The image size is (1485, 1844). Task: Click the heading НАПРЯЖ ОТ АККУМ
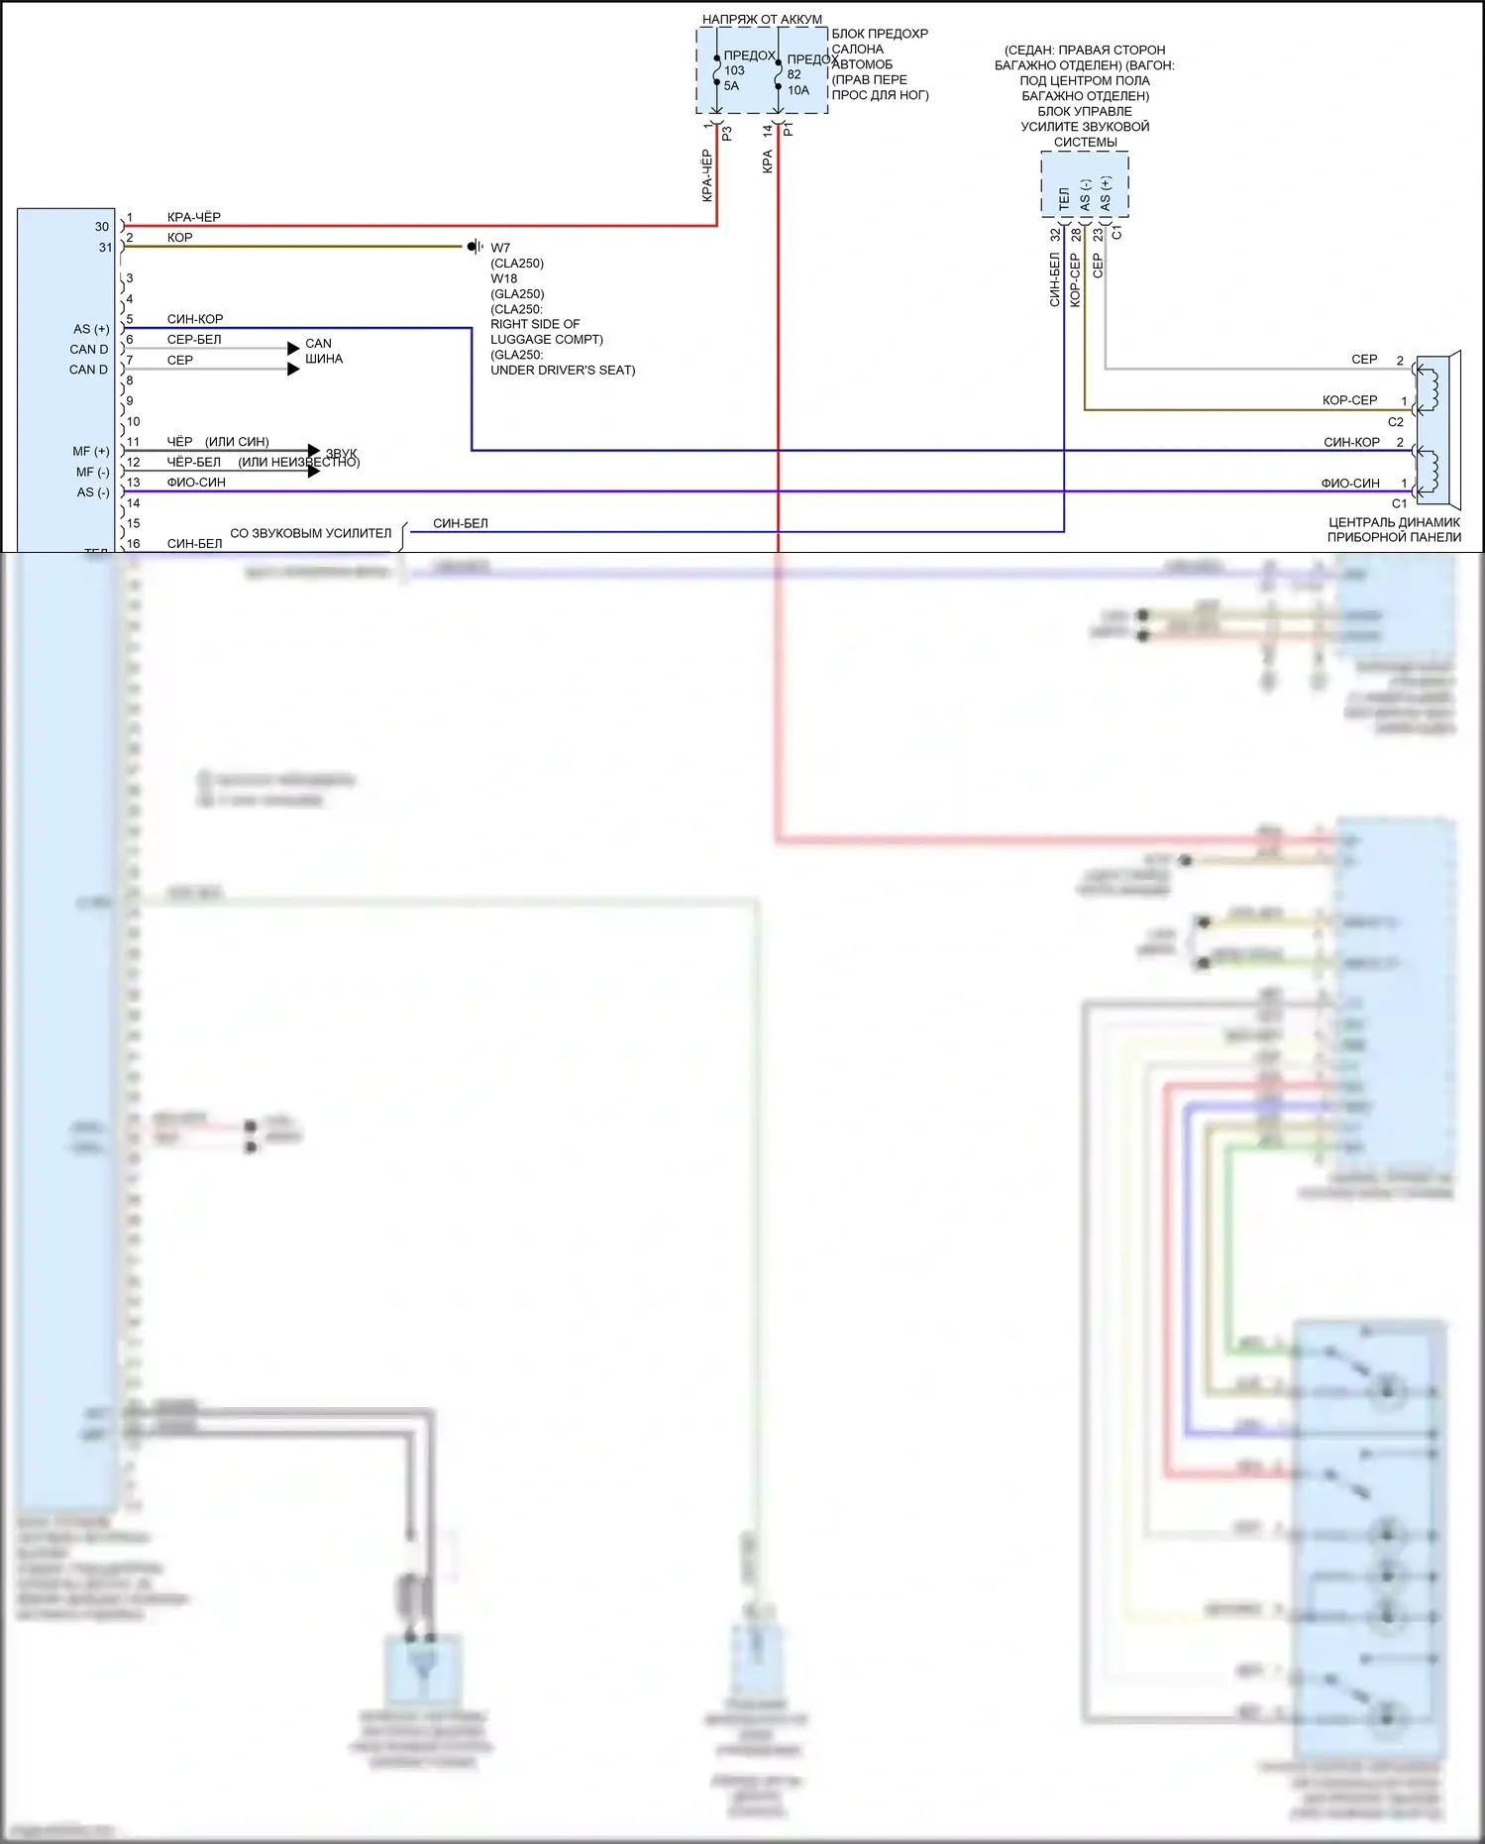pyautogui.click(x=762, y=19)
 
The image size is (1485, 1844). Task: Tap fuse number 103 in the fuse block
pyautogui.click(x=734, y=70)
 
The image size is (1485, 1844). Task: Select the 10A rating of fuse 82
pyautogui.click(x=798, y=90)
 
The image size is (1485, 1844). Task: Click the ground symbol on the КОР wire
pyautogui.click(x=475, y=246)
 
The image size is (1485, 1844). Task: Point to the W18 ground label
pyautogui.click(x=504, y=278)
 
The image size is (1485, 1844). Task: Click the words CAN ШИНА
pyautogui.click(x=323, y=351)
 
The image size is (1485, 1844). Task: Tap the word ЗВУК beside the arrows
pyautogui.click(x=342, y=453)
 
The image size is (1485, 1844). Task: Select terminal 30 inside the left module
pyautogui.click(x=102, y=227)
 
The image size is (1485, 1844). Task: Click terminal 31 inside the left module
pyautogui.click(x=105, y=248)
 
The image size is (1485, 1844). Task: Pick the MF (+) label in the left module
pyautogui.click(x=91, y=452)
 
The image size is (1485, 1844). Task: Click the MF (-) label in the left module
pyautogui.click(x=92, y=473)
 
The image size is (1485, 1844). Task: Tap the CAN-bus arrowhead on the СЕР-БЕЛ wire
pyautogui.click(x=293, y=348)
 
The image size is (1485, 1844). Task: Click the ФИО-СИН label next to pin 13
pyautogui.click(x=196, y=483)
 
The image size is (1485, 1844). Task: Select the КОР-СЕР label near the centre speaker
pyautogui.click(x=1349, y=400)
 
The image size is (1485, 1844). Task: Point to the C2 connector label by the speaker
pyautogui.click(x=1395, y=422)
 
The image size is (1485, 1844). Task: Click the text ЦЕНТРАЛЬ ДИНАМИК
pyautogui.click(x=1394, y=522)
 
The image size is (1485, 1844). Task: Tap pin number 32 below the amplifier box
pyautogui.click(x=1055, y=235)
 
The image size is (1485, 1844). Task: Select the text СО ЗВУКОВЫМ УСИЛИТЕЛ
pyautogui.click(x=310, y=533)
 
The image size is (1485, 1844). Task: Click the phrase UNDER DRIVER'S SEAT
pyautogui.click(x=563, y=371)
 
